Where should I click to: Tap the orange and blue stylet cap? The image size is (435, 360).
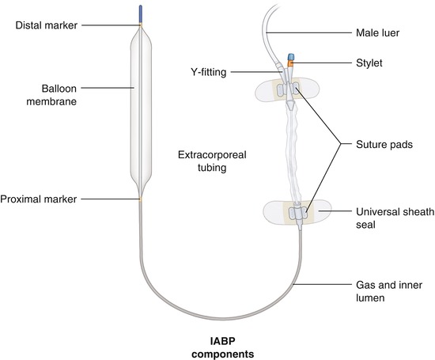click(x=290, y=60)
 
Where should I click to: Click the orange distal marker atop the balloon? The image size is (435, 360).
click(x=141, y=25)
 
